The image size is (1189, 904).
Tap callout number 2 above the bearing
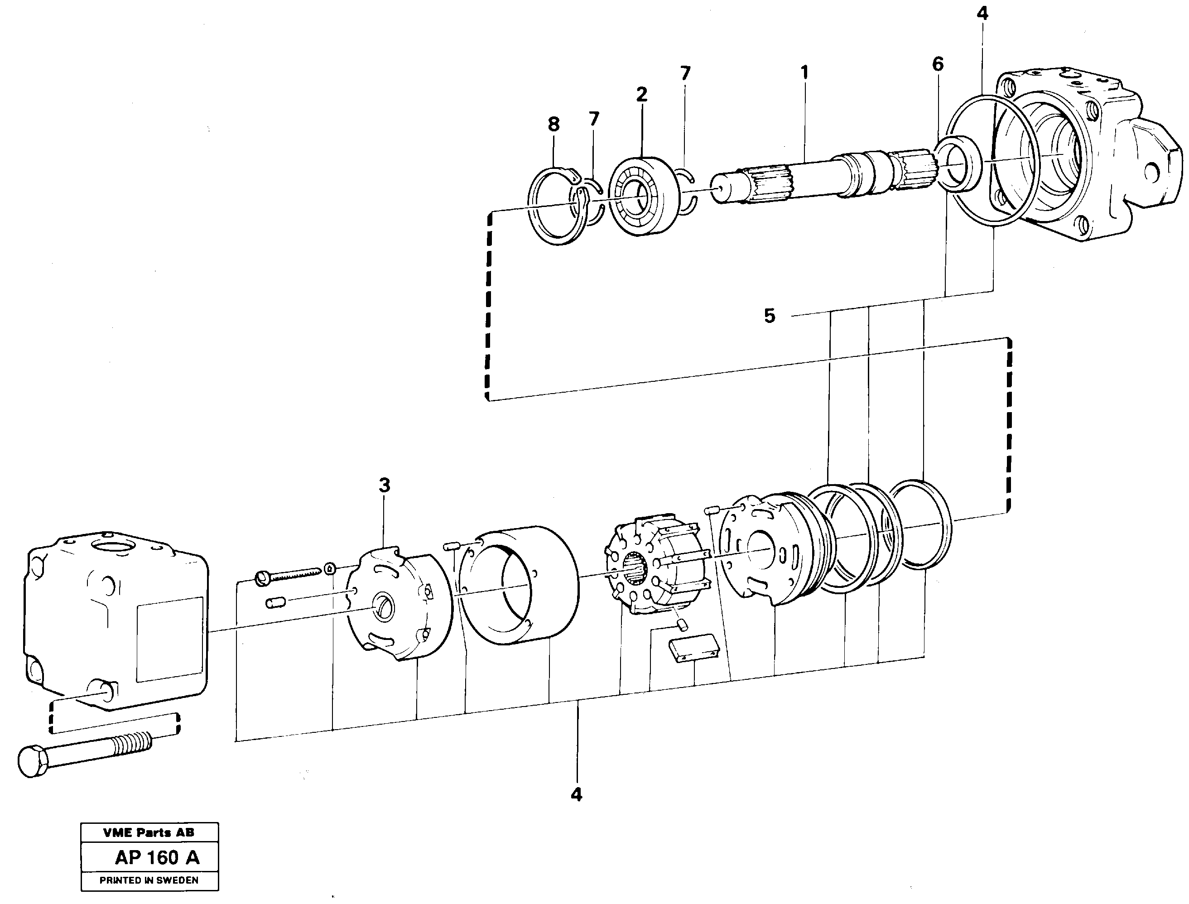click(x=641, y=95)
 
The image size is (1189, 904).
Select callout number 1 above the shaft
click(x=804, y=72)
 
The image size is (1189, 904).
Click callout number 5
click(x=770, y=316)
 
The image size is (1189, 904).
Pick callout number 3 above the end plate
click(x=384, y=486)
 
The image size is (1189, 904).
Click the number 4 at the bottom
click(x=577, y=794)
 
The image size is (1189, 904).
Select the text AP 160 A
click(x=157, y=857)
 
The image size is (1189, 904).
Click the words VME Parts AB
click(x=149, y=832)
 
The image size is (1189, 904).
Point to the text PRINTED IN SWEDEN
click(x=149, y=880)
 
